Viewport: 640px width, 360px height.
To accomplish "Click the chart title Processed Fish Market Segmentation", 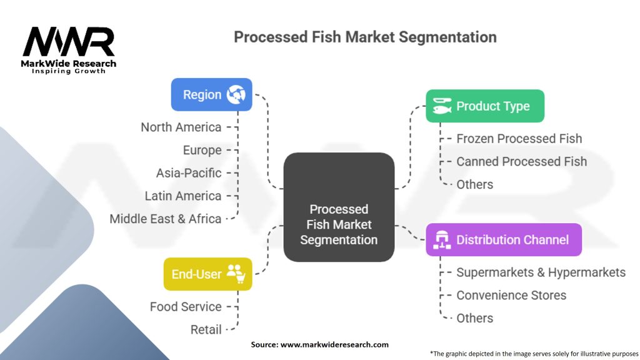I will pyautogui.click(x=365, y=37).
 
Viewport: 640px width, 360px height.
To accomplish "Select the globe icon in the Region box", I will pyautogui.click(x=236, y=95).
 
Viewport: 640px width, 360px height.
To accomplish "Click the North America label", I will pyautogui.click(x=181, y=127).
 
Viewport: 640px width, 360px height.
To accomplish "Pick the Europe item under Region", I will pyautogui.click(x=202, y=150).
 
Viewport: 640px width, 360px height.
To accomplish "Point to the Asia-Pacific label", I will pyautogui.click(x=189, y=172).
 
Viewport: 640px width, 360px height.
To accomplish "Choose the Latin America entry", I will pyautogui.click(x=182, y=196).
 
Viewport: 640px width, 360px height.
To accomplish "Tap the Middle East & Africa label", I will pyautogui.click(x=166, y=219).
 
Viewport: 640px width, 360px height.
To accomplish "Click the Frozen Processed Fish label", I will pyautogui.click(x=519, y=139).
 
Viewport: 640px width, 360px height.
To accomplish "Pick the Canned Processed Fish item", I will pyautogui.click(x=521, y=161).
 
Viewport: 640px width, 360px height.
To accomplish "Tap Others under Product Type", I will pyautogui.click(x=474, y=184).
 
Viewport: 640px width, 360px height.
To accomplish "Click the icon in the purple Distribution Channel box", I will pyautogui.click(x=442, y=240).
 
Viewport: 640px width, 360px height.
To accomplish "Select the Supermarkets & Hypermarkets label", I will pyautogui.click(x=541, y=272).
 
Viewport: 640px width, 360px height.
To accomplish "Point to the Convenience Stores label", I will pyautogui.click(x=511, y=295).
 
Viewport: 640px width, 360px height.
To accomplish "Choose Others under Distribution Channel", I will pyautogui.click(x=474, y=318).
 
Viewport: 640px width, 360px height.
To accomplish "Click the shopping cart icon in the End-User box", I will pyautogui.click(x=236, y=274).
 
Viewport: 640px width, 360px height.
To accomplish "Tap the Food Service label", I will pyautogui.click(x=186, y=307).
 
